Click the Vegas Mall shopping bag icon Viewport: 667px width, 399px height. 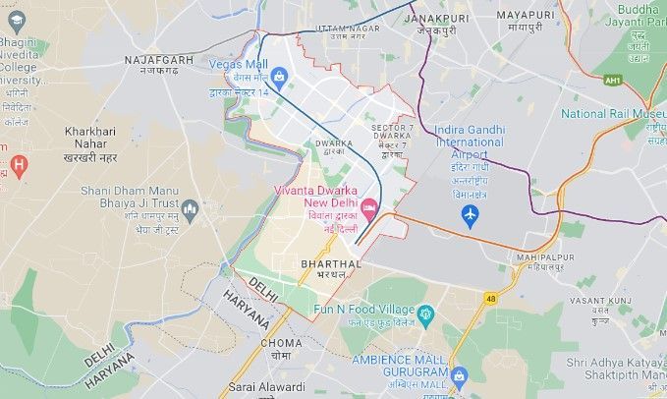click(279, 76)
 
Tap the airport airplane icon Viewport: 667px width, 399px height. click(470, 213)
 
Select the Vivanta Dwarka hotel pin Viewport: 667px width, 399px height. click(369, 207)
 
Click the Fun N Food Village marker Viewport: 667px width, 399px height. click(425, 314)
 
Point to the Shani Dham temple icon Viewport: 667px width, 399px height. click(190, 208)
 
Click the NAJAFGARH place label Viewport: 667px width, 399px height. click(159, 60)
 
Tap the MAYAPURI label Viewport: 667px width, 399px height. click(525, 16)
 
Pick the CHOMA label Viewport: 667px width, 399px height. click(282, 343)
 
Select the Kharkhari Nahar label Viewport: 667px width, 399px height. click(90, 138)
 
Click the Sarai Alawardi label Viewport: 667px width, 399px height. click(266, 386)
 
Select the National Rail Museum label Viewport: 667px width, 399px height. click(613, 113)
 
